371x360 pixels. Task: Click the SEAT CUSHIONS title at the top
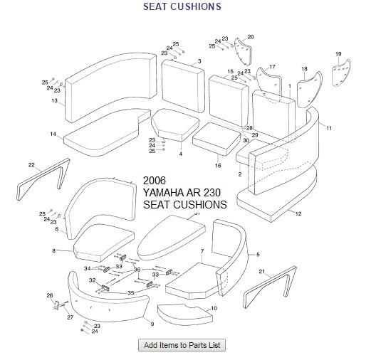pos(183,6)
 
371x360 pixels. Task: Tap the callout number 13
pos(54,101)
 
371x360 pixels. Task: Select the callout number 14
pos(53,134)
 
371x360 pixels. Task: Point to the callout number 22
pos(31,165)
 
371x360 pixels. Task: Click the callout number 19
pos(338,54)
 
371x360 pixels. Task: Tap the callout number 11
pos(329,127)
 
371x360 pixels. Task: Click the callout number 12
pos(298,214)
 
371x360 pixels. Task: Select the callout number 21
pos(261,272)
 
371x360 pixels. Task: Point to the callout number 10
pos(214,307)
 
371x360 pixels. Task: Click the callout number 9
pos(152,324)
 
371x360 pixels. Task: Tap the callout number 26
pos(49,295)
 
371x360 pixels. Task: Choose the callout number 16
pos(219,165)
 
